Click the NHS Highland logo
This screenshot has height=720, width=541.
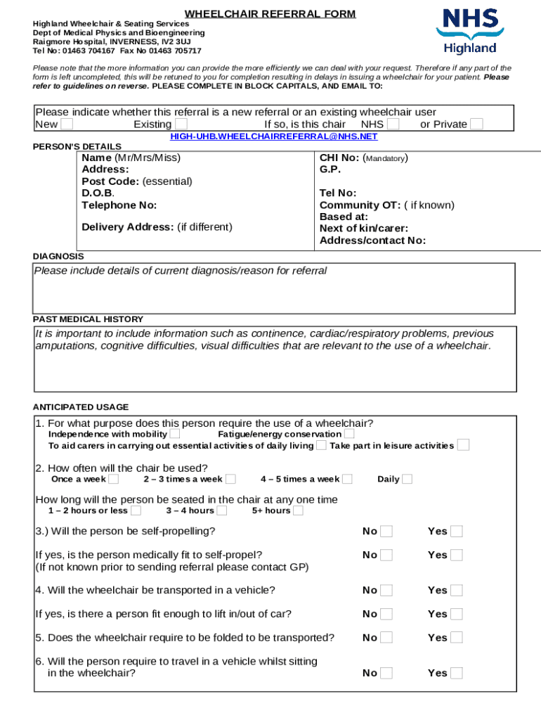click(x=469, y=32)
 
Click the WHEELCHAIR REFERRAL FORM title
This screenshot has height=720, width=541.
click(x=270, y=14)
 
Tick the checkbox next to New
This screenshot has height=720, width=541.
click(x=67, y=124)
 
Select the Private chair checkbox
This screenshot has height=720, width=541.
click(x=476, y=124)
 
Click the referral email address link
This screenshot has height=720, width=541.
click(x=274, y=136)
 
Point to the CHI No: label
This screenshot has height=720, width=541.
click(x=340, y=158)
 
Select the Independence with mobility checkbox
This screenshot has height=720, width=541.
click(x=174, y=435)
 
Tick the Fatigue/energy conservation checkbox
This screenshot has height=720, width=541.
click(x=349, y=435)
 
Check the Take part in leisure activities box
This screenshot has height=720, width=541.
click(x=463, y=445)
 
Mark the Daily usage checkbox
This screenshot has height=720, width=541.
click(x=408, y=480)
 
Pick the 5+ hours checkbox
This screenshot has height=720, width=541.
click(x=298, y=510)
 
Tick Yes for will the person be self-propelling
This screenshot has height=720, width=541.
click(x=457, y=532)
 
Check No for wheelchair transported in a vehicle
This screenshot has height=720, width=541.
click(x=386, y=591)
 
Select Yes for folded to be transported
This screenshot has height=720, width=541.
click(x=457, y=638)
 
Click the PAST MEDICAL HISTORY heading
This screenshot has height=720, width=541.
click(x=89, y=319)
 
